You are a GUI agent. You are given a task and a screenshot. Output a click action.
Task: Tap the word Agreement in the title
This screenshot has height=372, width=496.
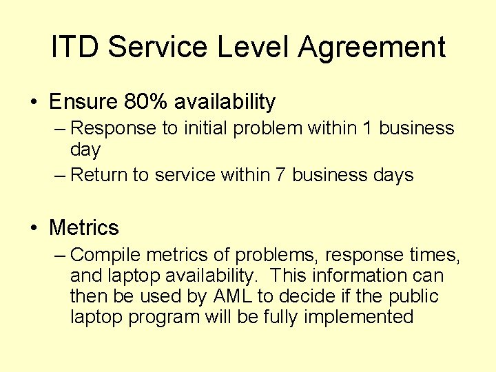tap(372, 48)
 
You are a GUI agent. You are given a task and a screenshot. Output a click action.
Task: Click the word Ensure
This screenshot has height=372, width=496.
tap(83, 102)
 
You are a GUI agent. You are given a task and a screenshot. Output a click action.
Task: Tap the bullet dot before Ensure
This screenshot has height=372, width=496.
tap(34, 103)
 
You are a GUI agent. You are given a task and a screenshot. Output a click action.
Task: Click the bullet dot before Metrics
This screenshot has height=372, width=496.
tap(34, 228)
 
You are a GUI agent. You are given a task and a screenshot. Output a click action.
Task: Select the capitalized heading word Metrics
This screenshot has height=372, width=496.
tap(84, 227)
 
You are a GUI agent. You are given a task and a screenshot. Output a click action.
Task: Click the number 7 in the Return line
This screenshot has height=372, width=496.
tap(280, 175)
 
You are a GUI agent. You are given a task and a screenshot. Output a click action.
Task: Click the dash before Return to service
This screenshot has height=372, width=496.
tap(60, 176)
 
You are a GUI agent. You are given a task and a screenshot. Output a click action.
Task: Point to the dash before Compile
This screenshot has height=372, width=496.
tap(60, 256)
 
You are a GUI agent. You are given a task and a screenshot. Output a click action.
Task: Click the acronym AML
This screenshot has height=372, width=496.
tap(238, 296)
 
